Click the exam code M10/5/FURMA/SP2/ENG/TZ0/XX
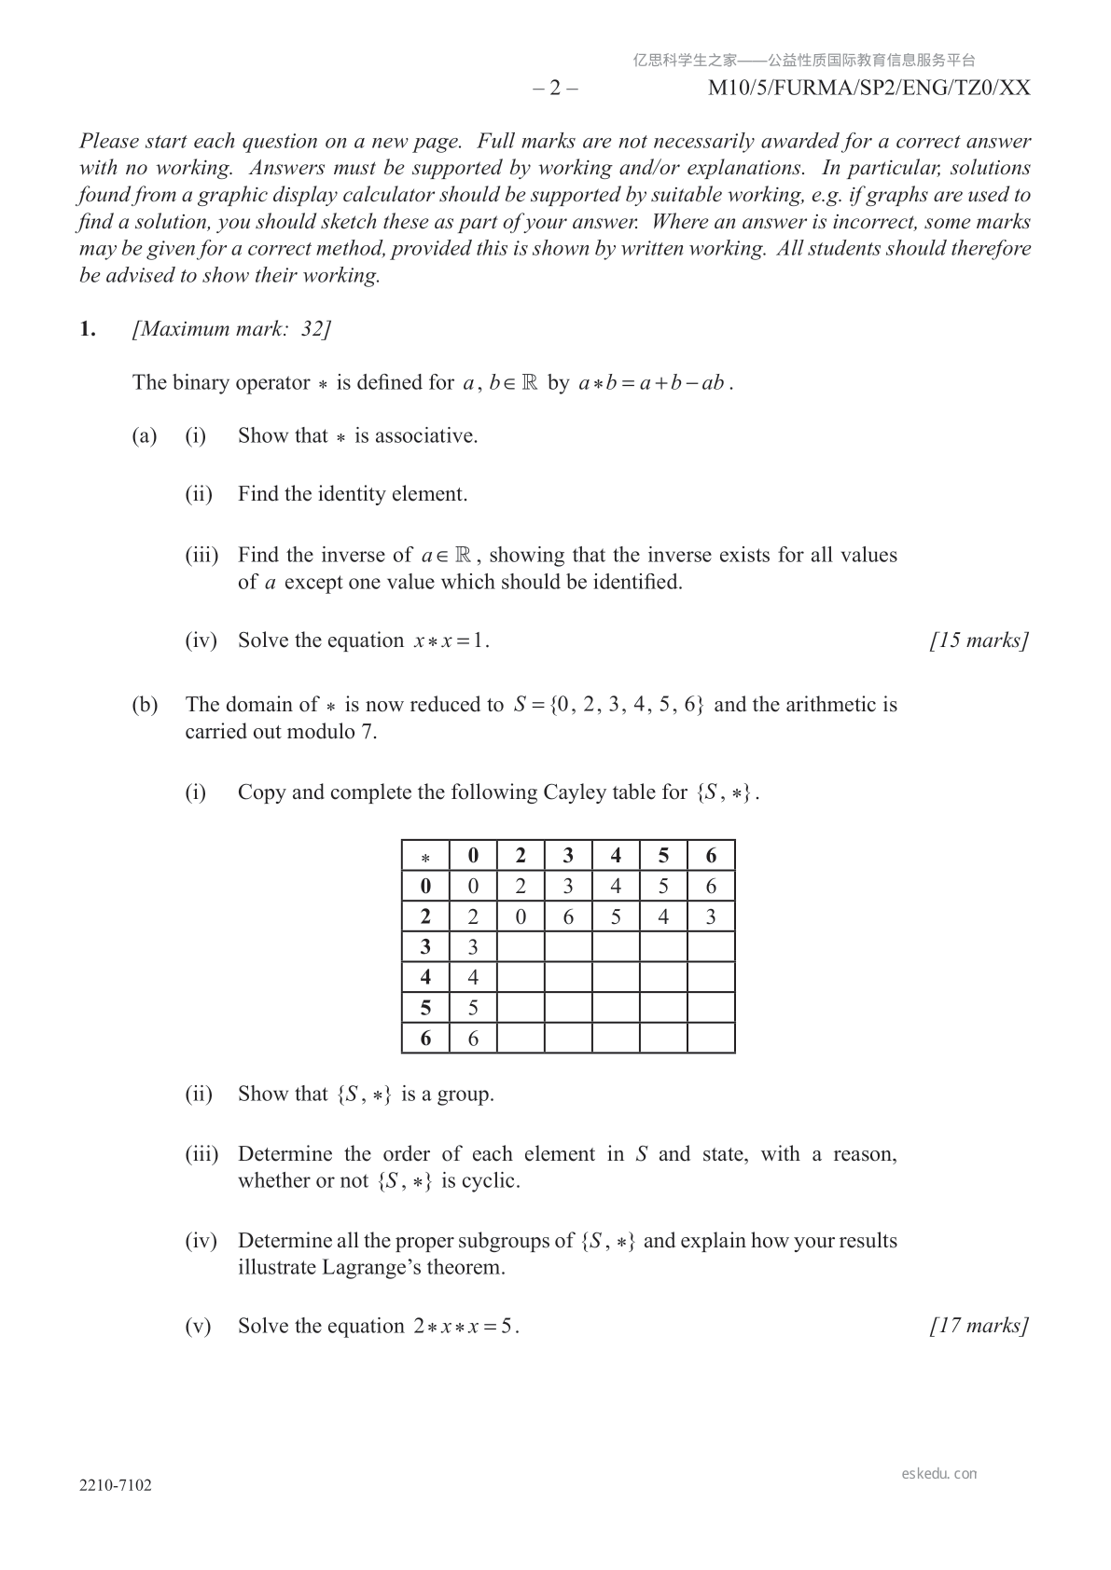[x=868, y=88]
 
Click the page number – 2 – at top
[x=555, y=88]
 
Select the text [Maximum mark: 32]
[x=232, y=328]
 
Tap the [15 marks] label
[x=979, y=640]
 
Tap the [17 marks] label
[x=979, y=1326]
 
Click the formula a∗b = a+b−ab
[x=654, y=383]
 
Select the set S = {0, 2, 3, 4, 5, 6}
[x=608, y=705]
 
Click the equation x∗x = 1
[x=451, y=640]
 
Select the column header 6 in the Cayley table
[x=711, y=856]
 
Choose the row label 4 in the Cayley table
[x=425, y=977]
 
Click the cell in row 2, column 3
[x=568, y=916]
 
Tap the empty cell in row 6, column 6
[x=711, y=1038]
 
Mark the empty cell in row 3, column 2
[x=521, y=947]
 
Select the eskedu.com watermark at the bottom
[x=939, y=1474]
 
